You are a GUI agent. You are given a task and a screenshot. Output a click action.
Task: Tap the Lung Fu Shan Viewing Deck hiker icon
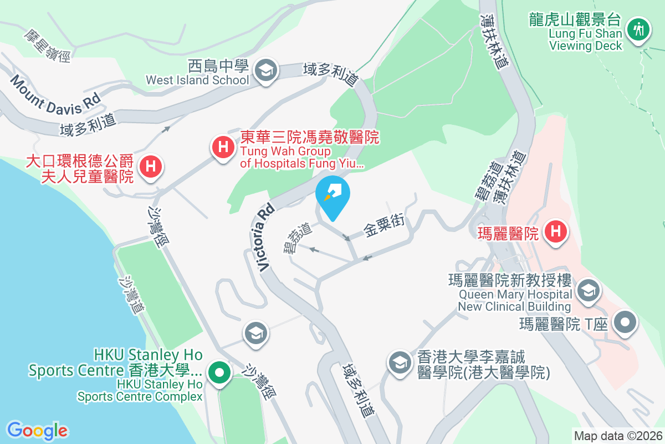(639, 28)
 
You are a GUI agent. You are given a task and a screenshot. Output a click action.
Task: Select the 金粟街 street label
(384, 224)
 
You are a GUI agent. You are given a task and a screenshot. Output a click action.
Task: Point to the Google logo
(37, 430)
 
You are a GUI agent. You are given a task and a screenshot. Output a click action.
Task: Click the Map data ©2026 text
(618, 436)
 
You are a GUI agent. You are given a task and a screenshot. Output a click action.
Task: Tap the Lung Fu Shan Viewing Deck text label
(586, 39)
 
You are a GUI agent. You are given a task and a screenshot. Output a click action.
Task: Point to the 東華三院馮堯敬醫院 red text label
(310, 137)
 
